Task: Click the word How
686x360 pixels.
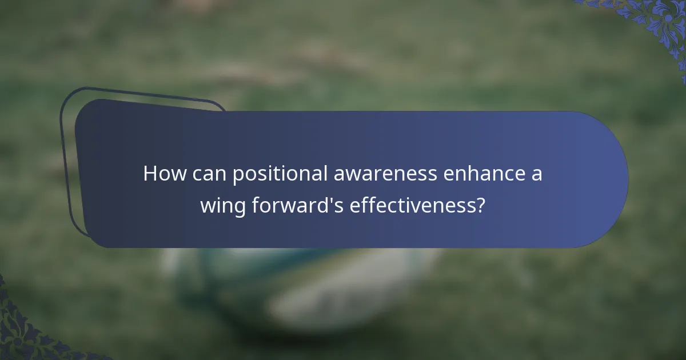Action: (164, 173)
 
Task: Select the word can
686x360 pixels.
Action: (208, 173)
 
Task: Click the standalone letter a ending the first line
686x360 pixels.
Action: (536, 174)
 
